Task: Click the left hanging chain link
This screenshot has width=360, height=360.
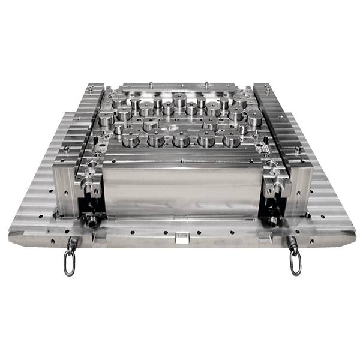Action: point(70,263)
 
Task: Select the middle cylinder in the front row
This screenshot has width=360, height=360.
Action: point(182,140)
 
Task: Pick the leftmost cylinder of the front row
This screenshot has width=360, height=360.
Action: point(130,141)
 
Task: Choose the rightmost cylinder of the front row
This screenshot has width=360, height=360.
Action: point(232,140)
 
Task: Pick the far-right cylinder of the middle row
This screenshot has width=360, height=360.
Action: point(253,119)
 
